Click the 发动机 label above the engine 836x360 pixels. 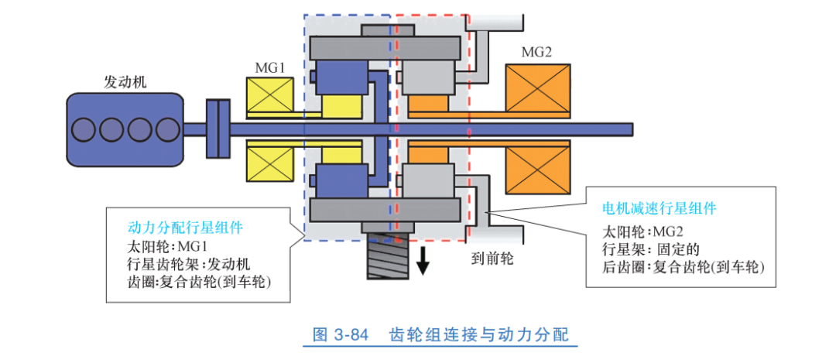[x=125, y=81]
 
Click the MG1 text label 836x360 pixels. [x=270, y=67]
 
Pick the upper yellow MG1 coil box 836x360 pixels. [x=269, y=98]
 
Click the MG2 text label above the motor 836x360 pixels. [x=536, y=52]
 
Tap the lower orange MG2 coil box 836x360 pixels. [x=537, y=168]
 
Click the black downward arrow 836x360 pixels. [x=423, y=262]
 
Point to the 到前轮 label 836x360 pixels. [x=492, y=255]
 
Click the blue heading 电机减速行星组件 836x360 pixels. [x=659, y=209]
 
